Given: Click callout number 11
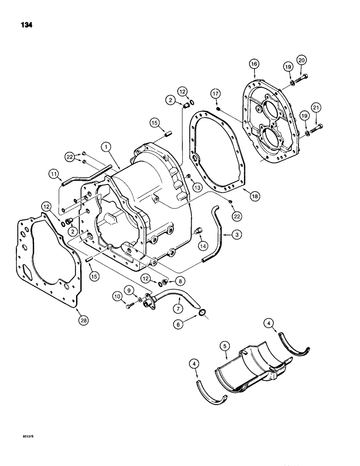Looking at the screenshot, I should coord(54,174).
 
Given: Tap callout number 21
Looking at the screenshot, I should coord(318,108).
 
